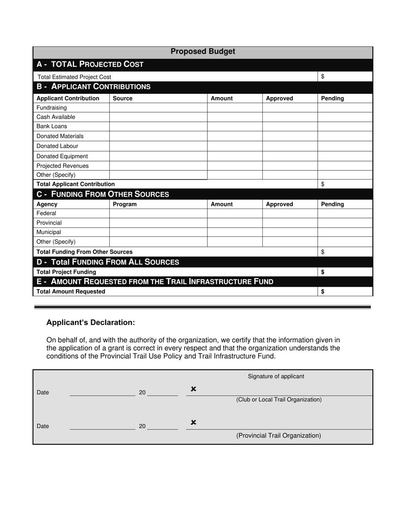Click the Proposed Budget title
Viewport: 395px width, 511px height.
202,52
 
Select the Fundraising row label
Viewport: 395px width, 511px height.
52,108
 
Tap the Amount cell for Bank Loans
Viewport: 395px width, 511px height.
235,126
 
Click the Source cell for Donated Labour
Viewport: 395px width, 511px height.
158,146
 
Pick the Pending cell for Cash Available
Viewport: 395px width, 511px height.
345,117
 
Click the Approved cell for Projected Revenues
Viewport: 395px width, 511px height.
290,166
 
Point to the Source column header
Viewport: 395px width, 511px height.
123,98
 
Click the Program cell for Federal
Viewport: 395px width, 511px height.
158,214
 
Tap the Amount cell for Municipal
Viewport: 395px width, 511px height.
235,232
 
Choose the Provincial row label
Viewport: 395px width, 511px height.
49,223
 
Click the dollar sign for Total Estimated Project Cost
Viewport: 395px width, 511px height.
323,77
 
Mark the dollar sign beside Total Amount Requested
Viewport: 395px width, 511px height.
323,292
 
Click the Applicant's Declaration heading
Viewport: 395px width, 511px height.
91,323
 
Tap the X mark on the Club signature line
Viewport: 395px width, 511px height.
193,389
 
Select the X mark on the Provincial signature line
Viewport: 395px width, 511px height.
193,423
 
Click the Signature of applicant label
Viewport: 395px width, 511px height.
276,376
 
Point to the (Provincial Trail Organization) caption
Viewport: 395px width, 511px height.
279,435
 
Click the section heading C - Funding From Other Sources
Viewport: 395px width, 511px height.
103,194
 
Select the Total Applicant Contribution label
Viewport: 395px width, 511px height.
76,184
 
